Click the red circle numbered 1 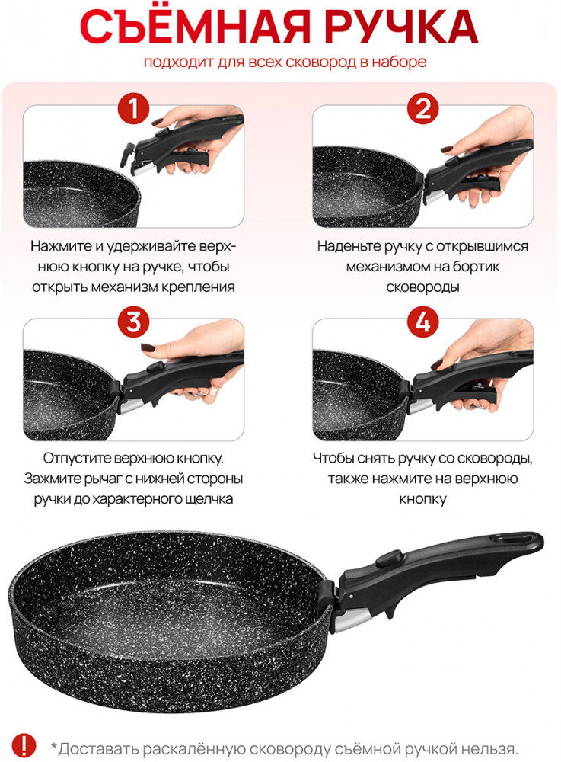pos(133,108)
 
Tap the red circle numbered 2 pos(422,108)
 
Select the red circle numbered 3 pos(133,322)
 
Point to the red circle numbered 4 pos(422,322)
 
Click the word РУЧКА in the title pos(401,27)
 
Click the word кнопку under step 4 pos(422,500)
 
